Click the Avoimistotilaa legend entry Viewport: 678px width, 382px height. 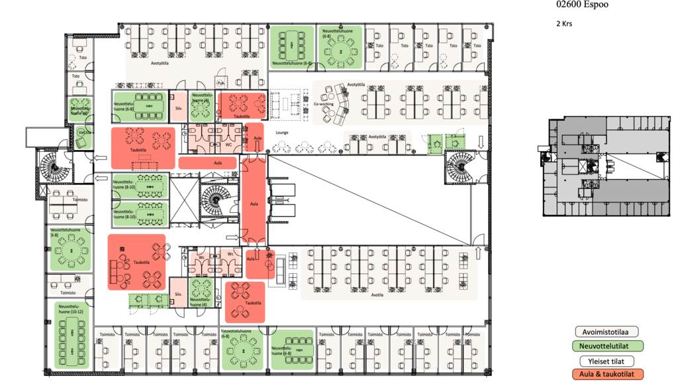click(610, 331)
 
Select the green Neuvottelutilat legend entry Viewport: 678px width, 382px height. click(610, 346)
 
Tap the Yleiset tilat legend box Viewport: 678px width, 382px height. click(610, 361)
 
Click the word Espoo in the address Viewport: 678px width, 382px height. click(595, 5)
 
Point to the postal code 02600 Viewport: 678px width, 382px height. click(569, 5)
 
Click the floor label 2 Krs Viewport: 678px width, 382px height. click(564, 24)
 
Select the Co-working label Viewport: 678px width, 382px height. click(322, 104)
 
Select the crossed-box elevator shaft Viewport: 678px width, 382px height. click(184, 198)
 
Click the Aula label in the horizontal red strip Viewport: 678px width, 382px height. click(217, 162)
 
